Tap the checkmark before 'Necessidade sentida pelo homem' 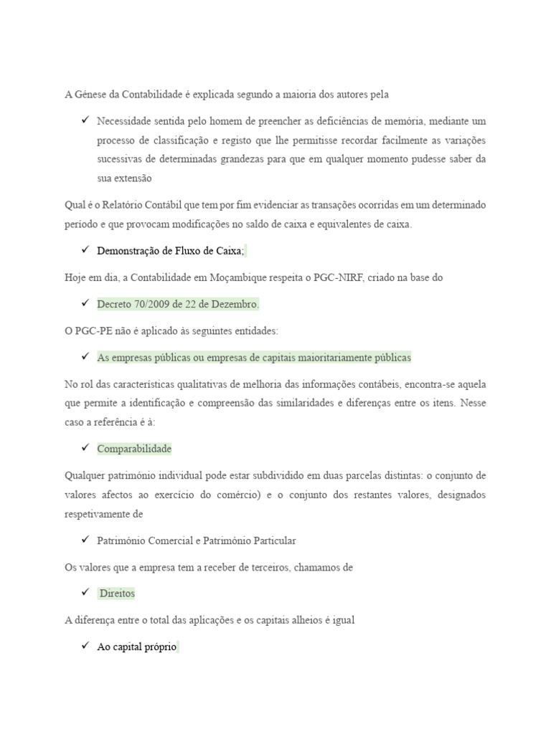[x=84, y=120]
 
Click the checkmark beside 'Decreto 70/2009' [x=84, y=303]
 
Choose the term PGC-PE [x=92, y=330]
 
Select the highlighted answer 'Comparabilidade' [x=134, y=449]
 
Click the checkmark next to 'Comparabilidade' [x=84, y=448]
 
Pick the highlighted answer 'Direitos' [x=117, y=594]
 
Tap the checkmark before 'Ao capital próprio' [x=84, y=647]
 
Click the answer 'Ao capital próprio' [x=136, y=647]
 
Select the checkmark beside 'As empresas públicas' [x=84, y=356]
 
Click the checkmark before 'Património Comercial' [x=84, y=540]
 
